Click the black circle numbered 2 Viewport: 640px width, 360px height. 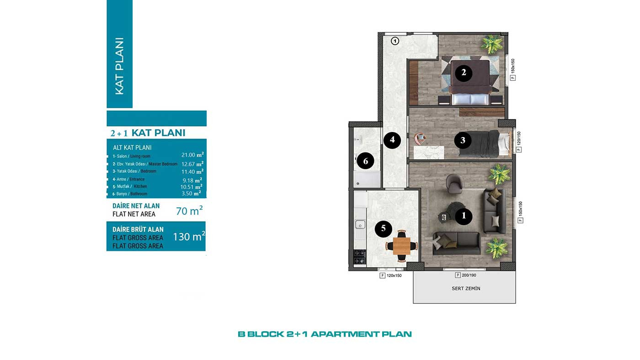pos(464,73)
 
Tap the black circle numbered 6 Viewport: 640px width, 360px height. pos(365,161)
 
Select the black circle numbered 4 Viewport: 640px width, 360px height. pos(392,140)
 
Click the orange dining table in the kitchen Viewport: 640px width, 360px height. pos(402,246)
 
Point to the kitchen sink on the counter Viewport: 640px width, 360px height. pos(360,224)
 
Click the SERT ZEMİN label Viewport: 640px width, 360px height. pos(466,288)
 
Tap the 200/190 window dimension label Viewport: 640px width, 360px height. pos(469,275)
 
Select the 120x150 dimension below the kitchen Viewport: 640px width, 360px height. pos(394,275)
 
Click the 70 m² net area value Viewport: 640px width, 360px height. pos(189,211)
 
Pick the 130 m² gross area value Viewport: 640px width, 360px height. pos(189,236)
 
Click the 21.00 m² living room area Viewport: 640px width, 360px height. pos(192,155)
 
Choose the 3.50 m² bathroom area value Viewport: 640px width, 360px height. pos(191,193)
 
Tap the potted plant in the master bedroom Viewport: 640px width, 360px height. pos(492,44)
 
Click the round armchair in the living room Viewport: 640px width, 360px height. pos(453,184)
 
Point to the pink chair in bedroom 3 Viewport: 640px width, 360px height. pos(420,139)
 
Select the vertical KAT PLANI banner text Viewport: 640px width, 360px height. pos(119,66)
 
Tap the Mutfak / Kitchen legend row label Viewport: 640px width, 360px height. pos(130,186)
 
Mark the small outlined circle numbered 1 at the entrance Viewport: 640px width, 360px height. pos(395,42)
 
